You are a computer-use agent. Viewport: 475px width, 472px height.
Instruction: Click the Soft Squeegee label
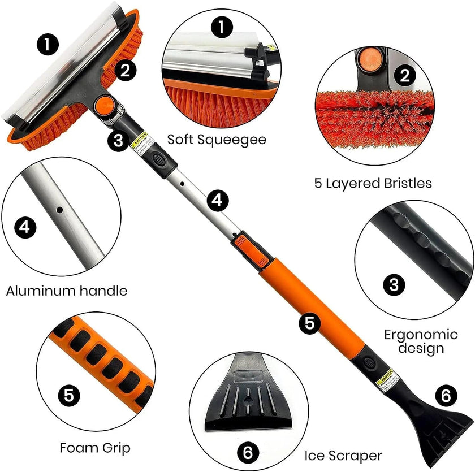(217, 139)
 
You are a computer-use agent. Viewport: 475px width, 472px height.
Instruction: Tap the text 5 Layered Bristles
(373, 183)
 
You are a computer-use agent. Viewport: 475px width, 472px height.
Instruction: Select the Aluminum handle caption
(67, 291)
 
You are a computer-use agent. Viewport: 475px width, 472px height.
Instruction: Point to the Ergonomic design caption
(413, 341)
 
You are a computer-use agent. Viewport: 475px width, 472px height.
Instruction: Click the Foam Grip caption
(95, 448)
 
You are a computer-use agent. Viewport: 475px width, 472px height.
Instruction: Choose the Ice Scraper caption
(343, 455)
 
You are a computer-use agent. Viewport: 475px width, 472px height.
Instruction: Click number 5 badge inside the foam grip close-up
(68, 395)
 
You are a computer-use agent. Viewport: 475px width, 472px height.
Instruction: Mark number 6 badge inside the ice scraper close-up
(248, 452)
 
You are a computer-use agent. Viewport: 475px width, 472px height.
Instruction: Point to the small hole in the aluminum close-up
(59, 210)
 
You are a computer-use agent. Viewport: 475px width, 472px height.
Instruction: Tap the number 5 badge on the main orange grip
(309, 323)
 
